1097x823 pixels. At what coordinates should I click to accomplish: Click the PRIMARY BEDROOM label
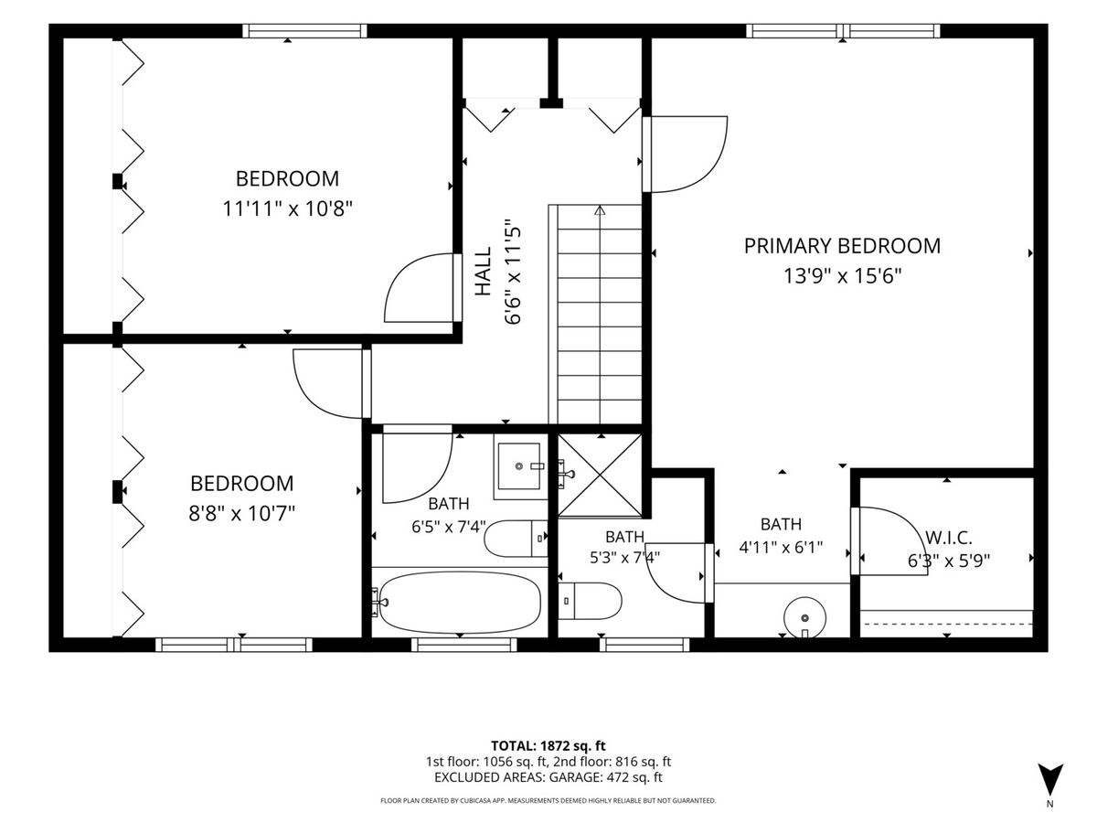842,246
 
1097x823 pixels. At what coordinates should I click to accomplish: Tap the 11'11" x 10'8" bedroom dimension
287,208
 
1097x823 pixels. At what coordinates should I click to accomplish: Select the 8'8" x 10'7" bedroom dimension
242,513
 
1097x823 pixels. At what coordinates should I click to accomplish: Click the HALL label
483,272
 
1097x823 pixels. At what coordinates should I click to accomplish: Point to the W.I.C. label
949,538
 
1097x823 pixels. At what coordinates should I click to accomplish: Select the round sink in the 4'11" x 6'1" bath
804,618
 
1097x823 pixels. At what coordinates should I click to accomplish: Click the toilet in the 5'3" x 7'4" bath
590,601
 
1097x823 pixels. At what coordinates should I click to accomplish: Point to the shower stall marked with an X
599,476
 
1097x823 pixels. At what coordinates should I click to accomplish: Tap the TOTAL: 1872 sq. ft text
548,745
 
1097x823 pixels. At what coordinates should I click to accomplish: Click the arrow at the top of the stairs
599,210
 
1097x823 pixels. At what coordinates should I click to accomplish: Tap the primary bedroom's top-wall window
843,31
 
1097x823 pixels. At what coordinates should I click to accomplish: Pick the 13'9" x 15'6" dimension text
842,275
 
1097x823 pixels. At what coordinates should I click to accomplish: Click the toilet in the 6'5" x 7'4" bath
516,539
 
